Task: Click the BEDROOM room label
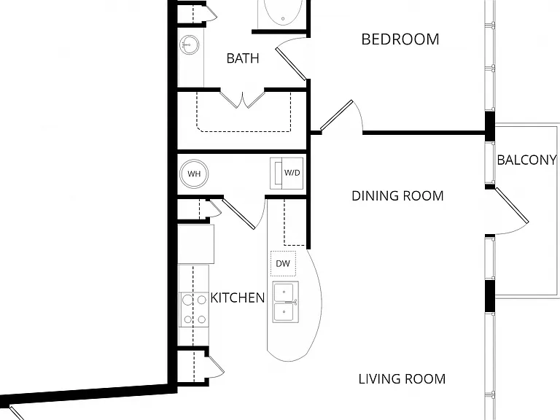400,39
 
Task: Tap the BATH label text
243,58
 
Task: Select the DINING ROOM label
397,195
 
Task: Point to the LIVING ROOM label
402,379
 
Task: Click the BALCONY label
526,160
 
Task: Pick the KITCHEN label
238,297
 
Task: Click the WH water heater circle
194,174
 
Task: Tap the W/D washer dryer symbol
287,174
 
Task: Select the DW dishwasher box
283,263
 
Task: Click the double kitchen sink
285,302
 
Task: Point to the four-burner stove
194,309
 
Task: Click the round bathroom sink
189,44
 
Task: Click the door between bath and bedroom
291,64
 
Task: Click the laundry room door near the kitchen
238,214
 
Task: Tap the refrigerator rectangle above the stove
195,244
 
